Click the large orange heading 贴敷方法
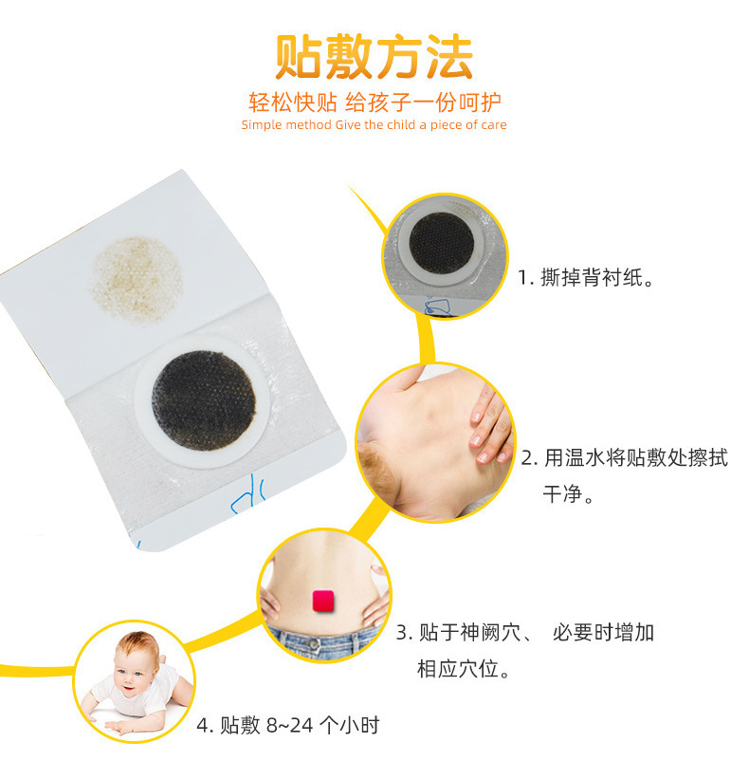[x=374, y=57]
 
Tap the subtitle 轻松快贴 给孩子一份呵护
[x=374, y=102]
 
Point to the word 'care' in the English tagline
[x=493, y=124]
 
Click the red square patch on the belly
[x=323, y=601]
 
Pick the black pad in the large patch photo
[x=204, y=400]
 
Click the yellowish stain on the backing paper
[x=137, y=280]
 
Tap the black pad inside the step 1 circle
[x=441, y=244]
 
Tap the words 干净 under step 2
[x=562, y=493]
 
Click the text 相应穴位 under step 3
[x=457, y=669]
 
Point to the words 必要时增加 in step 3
[x=603, y=633]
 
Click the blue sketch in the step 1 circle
[x=437, y=305]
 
